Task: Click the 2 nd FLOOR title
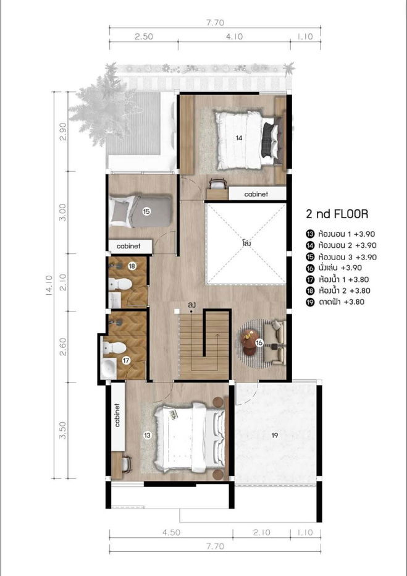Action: click(337, 214)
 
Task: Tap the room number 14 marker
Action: click(239, 138)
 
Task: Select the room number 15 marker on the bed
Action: click(146, 211)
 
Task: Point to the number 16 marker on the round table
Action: click(259, 341)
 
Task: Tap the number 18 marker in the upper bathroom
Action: click(132, 266)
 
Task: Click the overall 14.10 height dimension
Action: click(48, 285)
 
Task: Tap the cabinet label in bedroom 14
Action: click(256, 194)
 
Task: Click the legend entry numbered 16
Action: click(333, 268)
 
